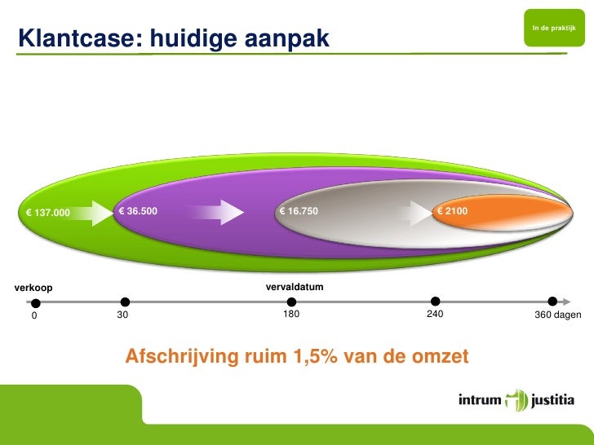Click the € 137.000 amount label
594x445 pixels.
pos(48,214)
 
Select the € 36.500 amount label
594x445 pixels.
pos(138,212)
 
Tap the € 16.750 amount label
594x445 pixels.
pos(298,212)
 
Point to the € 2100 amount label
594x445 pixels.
pos(452,212)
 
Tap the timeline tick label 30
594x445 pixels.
pos(123,315)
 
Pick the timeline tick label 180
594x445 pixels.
pos(290,315)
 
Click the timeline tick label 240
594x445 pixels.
pos(435,315)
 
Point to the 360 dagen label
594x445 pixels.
pos(557,315)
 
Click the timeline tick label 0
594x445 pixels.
pos(34,316)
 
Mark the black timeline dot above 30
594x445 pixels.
pos(125,302)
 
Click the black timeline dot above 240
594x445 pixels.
pos(436,302)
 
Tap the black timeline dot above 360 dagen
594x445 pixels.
pos(552,302)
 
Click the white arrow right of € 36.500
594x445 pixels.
pos(219,213)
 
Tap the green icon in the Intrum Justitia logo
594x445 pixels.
pos(516,401)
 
